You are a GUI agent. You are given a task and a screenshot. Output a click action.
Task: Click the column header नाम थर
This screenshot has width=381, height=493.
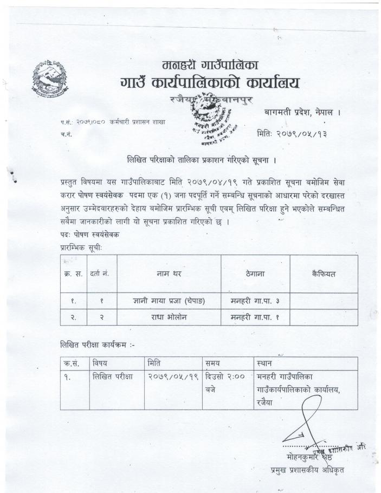[169, 274]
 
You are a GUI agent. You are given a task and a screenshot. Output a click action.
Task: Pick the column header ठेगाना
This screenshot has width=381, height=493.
[255, 274]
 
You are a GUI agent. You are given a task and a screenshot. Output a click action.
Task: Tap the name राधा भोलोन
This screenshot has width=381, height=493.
[169, 316]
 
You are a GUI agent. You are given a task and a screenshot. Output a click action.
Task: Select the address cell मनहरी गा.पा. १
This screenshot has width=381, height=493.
[255, 316]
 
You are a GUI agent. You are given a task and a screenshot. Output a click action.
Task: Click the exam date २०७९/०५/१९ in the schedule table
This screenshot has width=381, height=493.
[172, 377]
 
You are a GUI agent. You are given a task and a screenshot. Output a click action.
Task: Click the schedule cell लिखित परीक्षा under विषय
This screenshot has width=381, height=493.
[114, 377]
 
